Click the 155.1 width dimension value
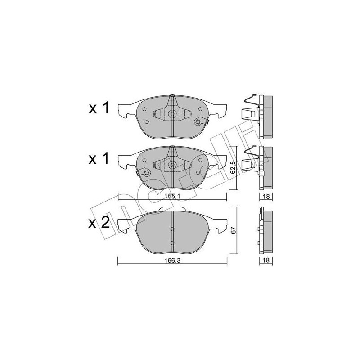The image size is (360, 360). click(172, 197)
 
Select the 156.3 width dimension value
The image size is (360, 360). click(172, 261)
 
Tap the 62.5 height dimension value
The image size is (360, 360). click(233, 167)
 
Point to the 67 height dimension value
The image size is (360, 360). click(234, 230)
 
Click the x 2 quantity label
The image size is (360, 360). click(99, 223)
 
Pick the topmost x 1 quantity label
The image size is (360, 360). click(99, 108)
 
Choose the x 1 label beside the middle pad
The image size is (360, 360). click(99, 159)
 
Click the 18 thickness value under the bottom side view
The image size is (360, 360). click(266, 261)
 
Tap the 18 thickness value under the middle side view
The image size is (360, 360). click(266, 197)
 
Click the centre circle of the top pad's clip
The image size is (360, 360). click(172, 114)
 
